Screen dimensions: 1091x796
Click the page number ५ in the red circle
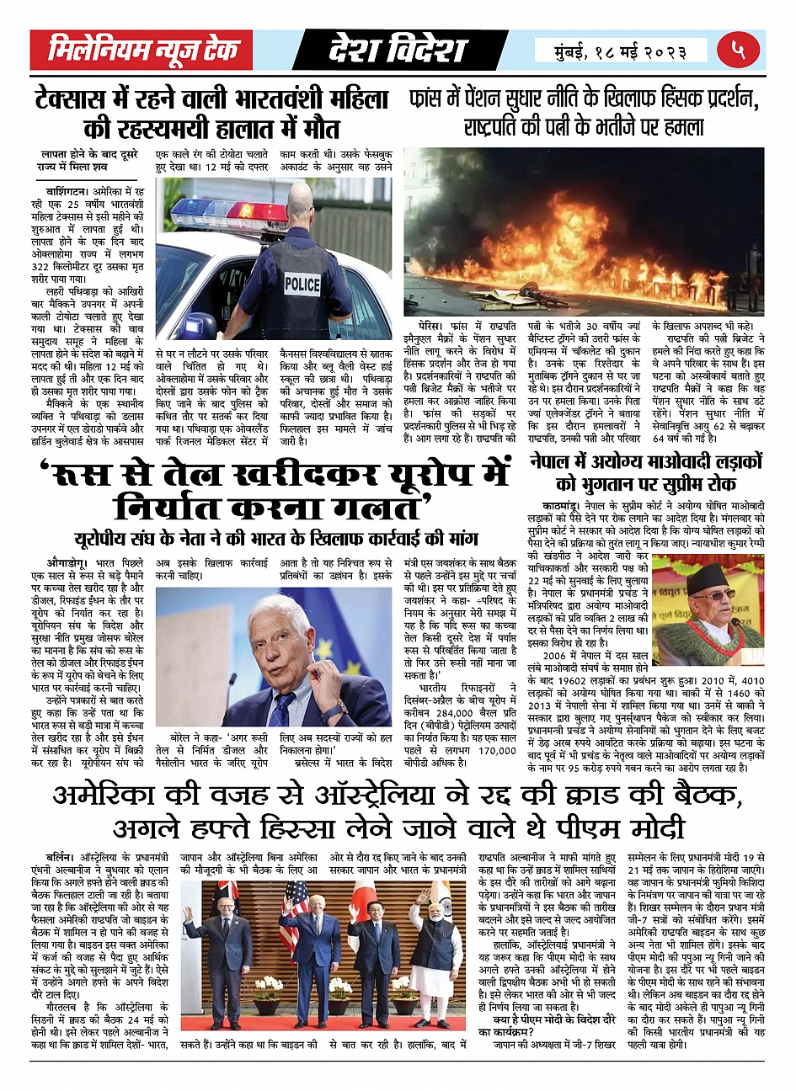coord(738,51)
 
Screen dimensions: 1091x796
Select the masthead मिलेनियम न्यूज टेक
coord(144,51)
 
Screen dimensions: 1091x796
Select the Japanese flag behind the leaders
coord(364,894)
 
